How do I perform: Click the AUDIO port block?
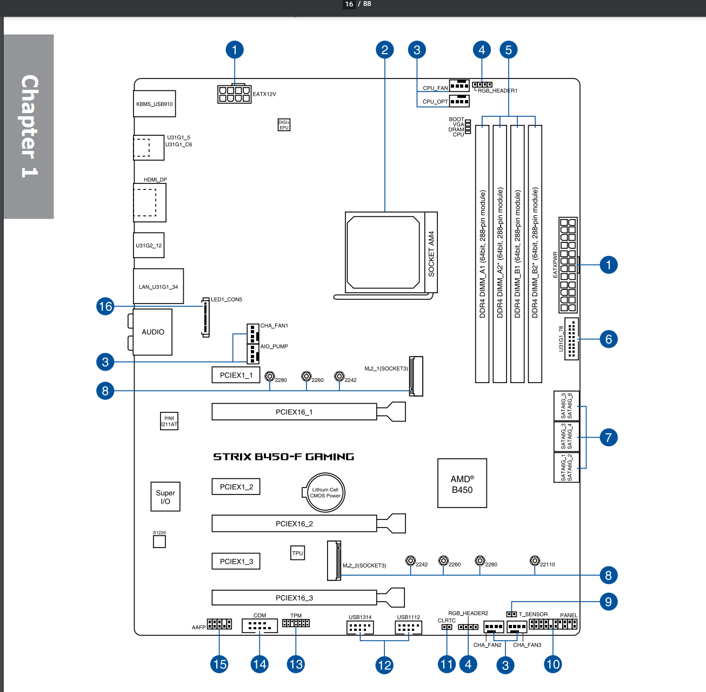(x=152, y=332)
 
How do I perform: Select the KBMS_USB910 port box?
(x=155, y=104)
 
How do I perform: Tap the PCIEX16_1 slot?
(x=294, y=412)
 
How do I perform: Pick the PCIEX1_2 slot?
(x=236, y=486)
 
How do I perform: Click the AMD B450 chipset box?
(x=462, y=484)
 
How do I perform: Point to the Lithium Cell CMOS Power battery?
(x=324, y=492)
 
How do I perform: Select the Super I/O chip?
(x=165, y=497)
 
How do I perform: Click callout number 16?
(x=105, y=306)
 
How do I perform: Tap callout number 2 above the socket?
(x=384, y=50)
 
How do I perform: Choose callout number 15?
(x=219, y=664)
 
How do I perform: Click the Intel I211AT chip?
(x=169, y=421)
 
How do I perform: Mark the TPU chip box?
(x=297, y=553)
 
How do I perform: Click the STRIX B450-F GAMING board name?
(x=283, y=457)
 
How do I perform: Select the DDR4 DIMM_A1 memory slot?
(x=482, y=254)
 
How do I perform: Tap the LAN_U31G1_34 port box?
(x=158, y=286)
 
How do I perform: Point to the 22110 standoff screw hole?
(x=535, y=561)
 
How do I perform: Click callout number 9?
(x=608, y=602)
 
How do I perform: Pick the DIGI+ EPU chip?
(x=284, y=125)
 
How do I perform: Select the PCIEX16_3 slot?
(x=294, y=597)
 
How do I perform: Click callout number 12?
(x=384, y=665)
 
